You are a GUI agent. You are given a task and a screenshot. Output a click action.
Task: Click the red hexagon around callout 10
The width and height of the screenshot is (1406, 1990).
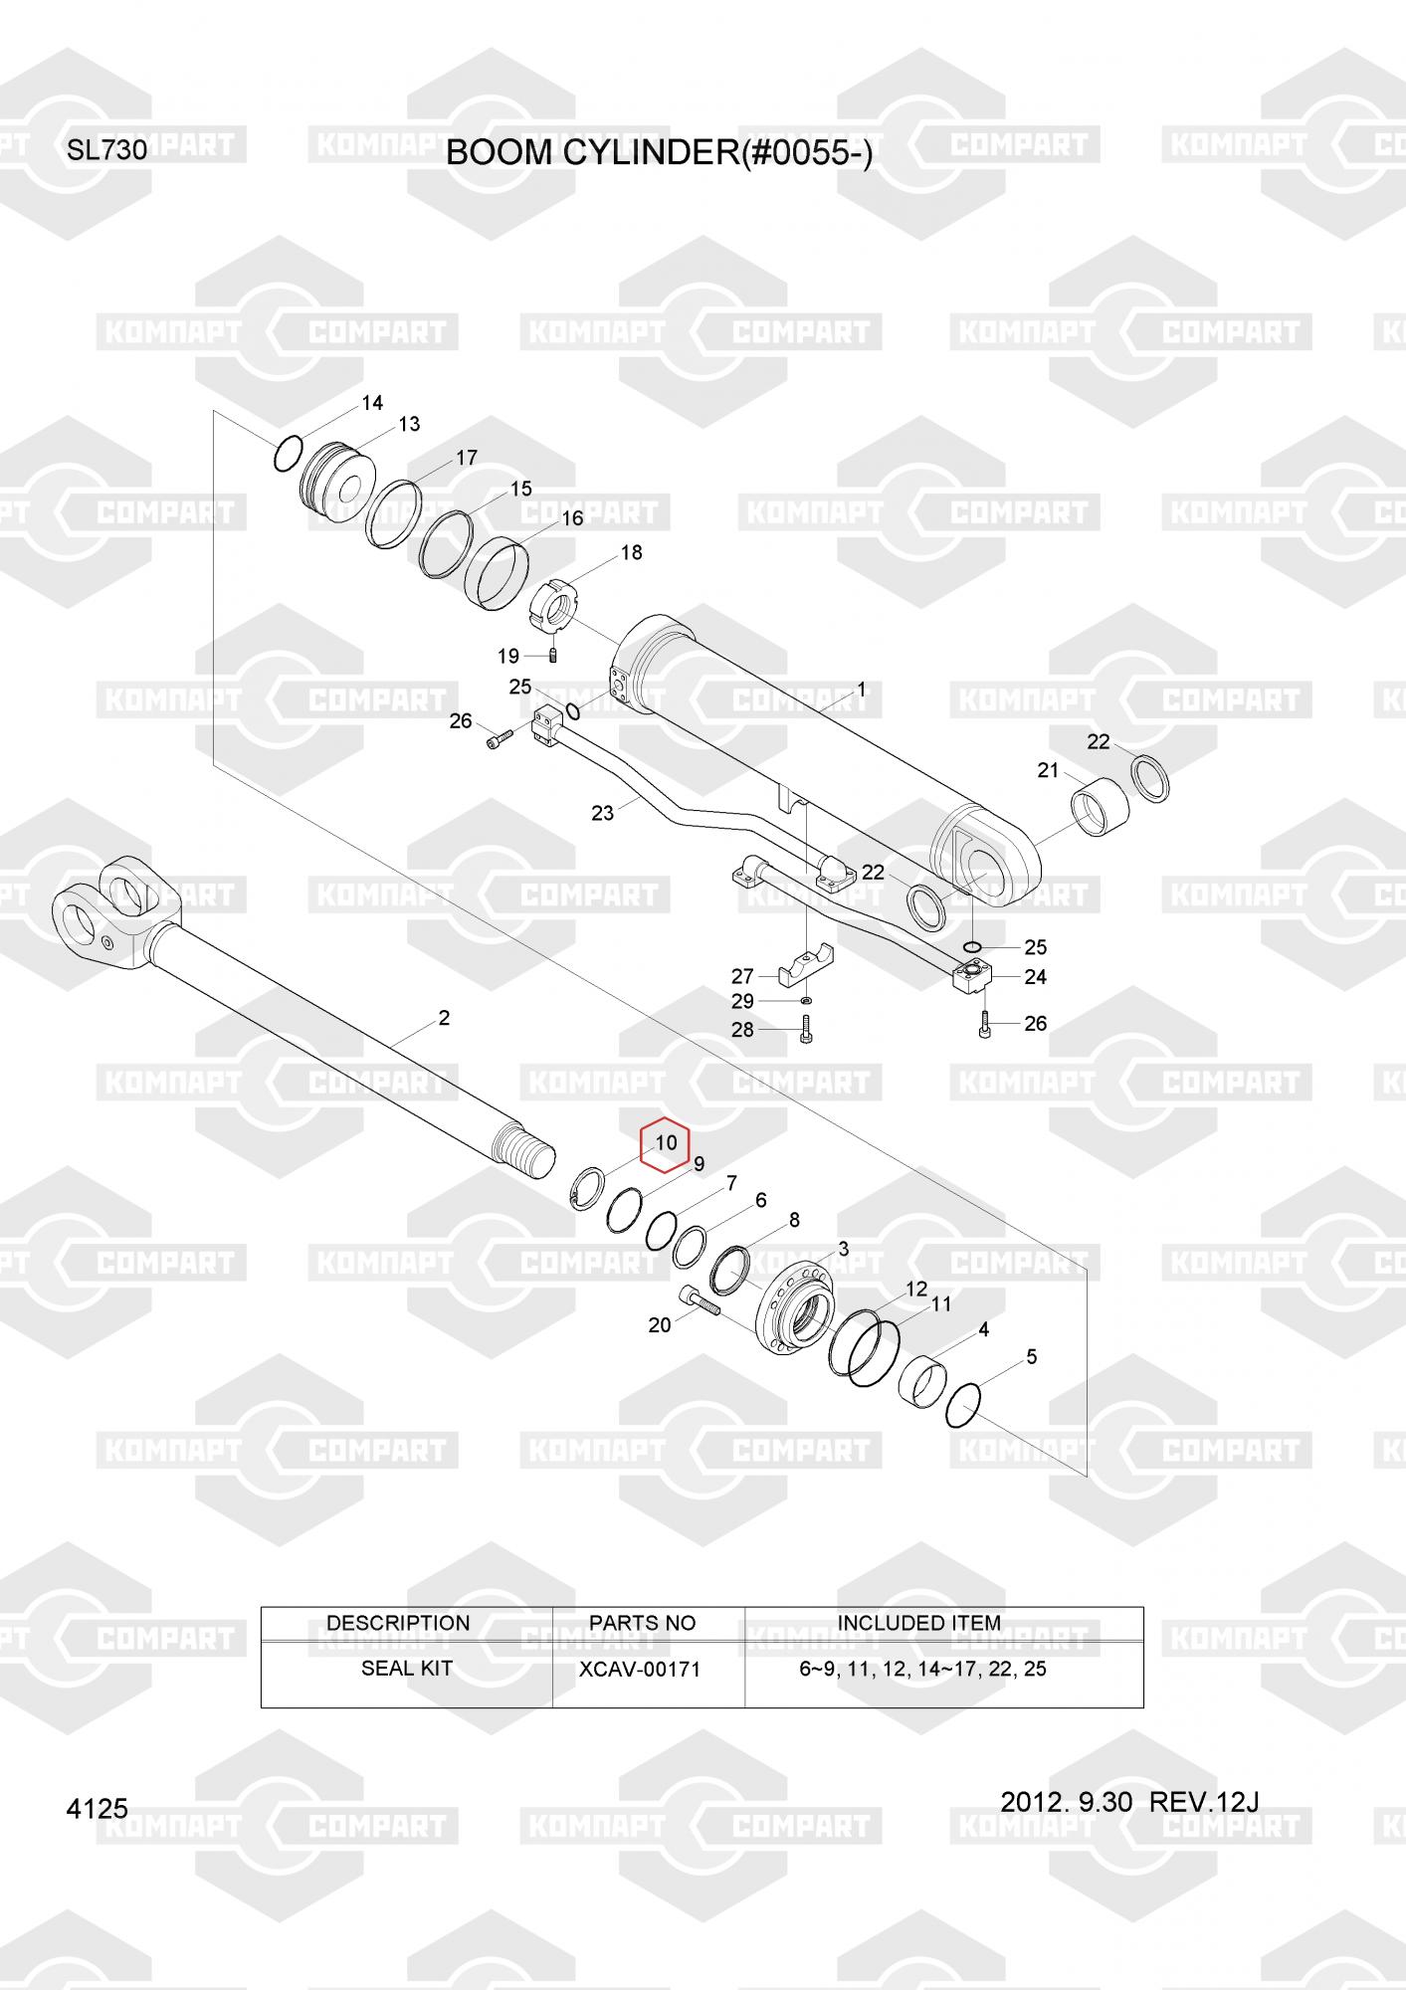click(665, 1143)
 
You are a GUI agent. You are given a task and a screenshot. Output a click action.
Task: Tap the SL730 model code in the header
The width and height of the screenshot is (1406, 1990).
click(107, 151)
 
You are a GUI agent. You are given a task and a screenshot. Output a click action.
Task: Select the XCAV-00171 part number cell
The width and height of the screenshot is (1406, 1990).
click(640, 1670)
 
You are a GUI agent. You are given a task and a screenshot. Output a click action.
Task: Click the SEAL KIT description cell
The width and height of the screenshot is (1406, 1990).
click(406, 1669)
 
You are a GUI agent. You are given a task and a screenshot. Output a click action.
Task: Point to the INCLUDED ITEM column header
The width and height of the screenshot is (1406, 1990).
click(918, 1623)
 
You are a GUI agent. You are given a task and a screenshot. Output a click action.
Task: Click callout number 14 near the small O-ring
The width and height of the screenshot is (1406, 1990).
click(372, 403)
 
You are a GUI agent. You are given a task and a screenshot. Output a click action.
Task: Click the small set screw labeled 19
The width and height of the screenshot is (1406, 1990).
click(554, 654)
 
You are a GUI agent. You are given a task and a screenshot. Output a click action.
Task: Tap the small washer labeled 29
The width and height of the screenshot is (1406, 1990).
click(805, 1000)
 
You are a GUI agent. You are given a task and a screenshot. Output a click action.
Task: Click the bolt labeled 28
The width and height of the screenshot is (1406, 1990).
click(804, 1030)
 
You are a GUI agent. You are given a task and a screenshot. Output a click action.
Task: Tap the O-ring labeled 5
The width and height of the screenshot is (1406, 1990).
click(963, 1403)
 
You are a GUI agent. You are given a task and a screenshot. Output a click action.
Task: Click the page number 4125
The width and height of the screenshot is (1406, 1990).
click(97, 1809)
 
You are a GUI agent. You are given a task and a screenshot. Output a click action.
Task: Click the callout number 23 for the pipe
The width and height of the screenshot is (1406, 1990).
click(603, 812)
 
